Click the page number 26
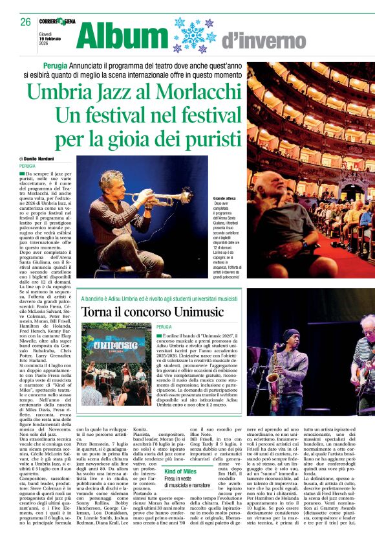coord(25,22)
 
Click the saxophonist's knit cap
coord(291,335)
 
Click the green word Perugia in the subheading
coord(56,66)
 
